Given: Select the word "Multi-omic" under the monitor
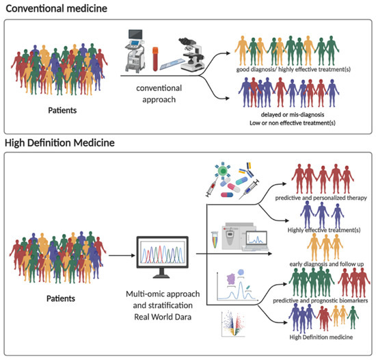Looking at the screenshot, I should point(148,293).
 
